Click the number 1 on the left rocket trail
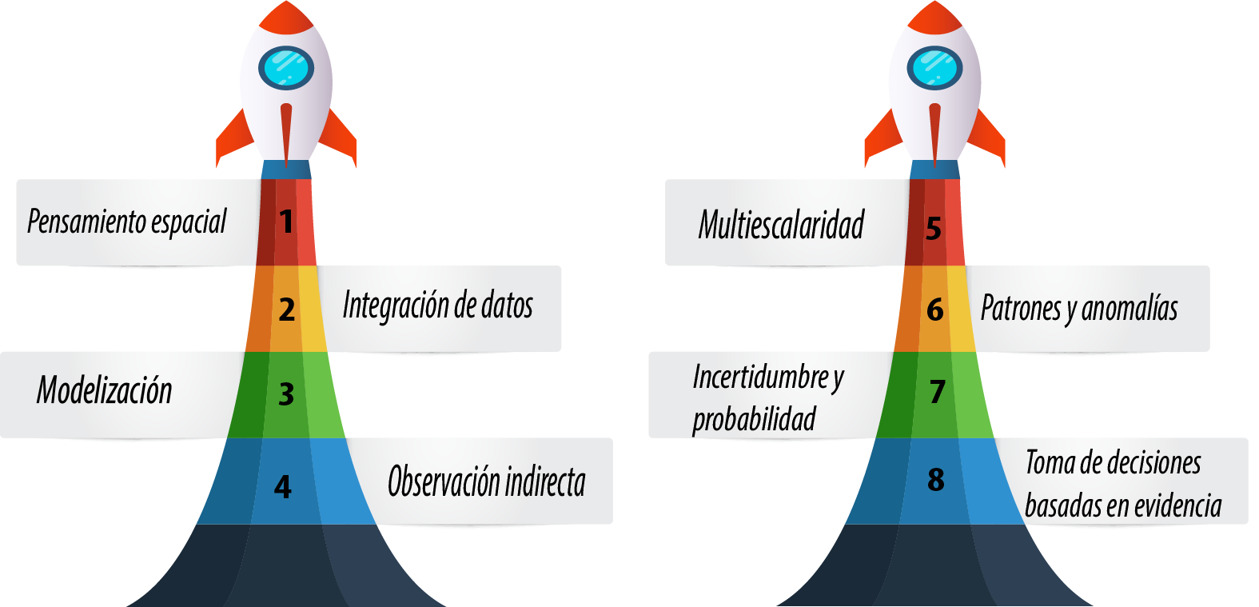coord(286,222)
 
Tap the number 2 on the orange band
coord(287,309)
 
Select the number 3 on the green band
coord(286,393)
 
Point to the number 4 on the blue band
coord(283,486)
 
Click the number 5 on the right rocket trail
coord(934,229)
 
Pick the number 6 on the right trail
coord(935,309)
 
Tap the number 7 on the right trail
coord(938,392)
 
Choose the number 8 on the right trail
coord(936,480)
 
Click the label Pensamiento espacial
coord(127,222)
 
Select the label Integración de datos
coord(437,306)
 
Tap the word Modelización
coord(105,390)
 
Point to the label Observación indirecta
coord(486,481)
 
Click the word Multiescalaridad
coord(781,225)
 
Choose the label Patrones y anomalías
coord(1079,308)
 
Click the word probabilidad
coord(754,419)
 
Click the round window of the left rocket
coord(286,67)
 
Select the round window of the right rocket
coord(934,67)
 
